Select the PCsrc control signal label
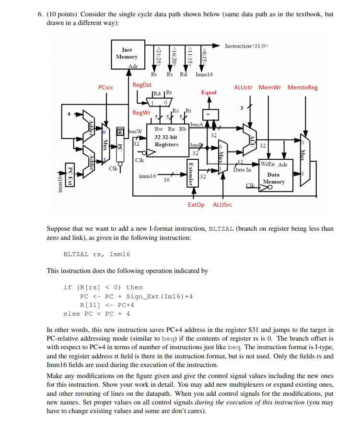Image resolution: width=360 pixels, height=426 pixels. pos(105,88)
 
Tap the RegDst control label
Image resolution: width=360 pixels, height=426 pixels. pos(141,85)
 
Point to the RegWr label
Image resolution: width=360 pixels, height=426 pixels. pos(141,113)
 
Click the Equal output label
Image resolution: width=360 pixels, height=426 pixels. pos(209,92)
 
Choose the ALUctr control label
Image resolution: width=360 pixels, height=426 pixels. pos(244,88)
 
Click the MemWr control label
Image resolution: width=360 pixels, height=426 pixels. pos(270,88)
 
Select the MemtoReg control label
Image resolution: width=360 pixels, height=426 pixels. pos(302,88)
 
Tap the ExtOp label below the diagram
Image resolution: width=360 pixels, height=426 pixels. pos(196,205)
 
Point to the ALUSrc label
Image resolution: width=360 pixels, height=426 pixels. pos(222,205)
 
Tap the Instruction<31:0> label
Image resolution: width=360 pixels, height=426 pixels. pos(247,46)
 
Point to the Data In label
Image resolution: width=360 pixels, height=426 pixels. pos(242,169)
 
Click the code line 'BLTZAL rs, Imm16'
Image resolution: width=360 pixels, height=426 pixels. pos(97,254)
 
